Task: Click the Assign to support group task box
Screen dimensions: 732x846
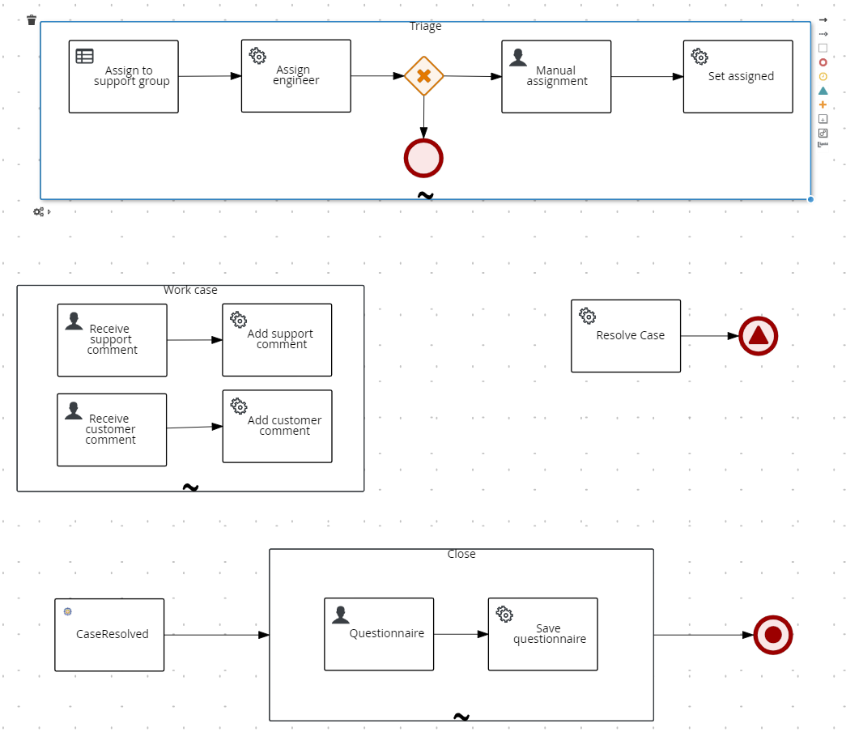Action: pos(123,76)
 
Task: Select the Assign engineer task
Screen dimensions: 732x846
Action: pos(295,75)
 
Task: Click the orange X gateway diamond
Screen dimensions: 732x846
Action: pos(423,76)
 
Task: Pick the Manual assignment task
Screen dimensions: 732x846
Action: pos(556,76)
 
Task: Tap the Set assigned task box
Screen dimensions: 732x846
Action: pos(738,76)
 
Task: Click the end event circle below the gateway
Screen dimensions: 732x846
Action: pos(423,158)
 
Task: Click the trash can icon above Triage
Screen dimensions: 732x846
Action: pos(32,20)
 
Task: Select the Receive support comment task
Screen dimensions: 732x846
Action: pos(112,340)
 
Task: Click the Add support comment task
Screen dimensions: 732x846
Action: pos(277,340)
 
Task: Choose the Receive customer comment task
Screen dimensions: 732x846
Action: pos(112,430)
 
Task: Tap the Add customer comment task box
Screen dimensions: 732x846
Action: pos(277,426)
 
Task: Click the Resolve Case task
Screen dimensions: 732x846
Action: pos(626,336)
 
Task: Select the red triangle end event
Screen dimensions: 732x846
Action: pos(758,336)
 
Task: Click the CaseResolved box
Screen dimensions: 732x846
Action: pos(109,635)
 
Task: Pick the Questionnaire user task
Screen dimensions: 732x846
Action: pos(379,634)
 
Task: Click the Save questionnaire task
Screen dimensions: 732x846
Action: pos(542,634)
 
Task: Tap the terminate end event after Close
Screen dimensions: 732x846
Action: pos(772,635)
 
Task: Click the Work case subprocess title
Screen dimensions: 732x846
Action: pos(190,291)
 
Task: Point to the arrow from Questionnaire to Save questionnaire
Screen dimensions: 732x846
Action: pos(461,634)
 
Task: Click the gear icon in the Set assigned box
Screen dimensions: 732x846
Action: pos(699,57)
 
